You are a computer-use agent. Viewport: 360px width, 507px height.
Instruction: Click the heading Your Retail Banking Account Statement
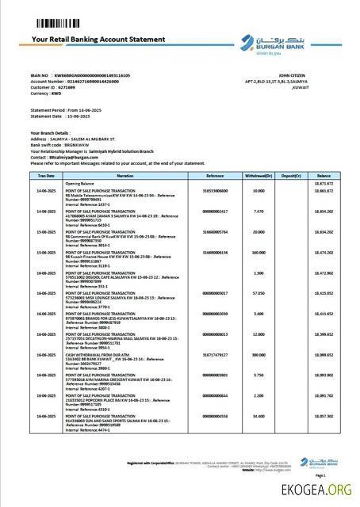coord(98,39)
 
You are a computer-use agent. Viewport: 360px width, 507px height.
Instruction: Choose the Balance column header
coord(324,175)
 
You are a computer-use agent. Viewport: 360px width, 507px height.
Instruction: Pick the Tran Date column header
coord(45,175)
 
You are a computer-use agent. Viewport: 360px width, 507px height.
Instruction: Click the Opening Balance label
coord(79,182)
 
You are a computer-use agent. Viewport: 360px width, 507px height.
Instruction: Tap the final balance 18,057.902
coord(324,415)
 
